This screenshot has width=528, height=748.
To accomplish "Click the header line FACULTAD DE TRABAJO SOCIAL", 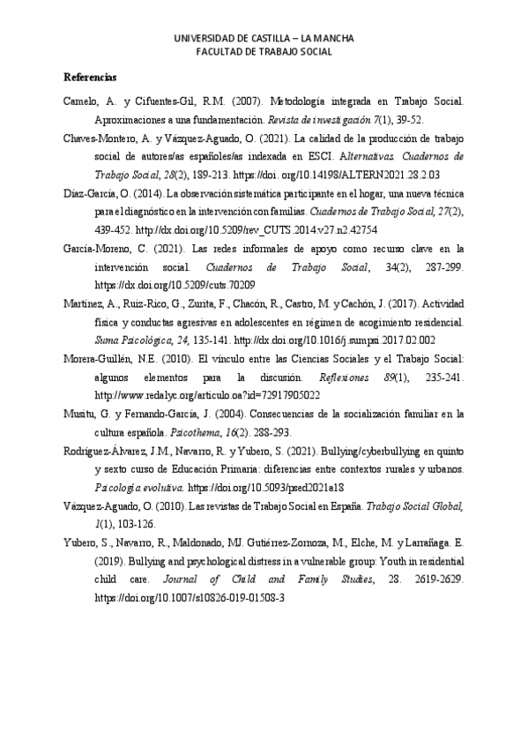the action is pyautogui.click(x=264, y=52).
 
